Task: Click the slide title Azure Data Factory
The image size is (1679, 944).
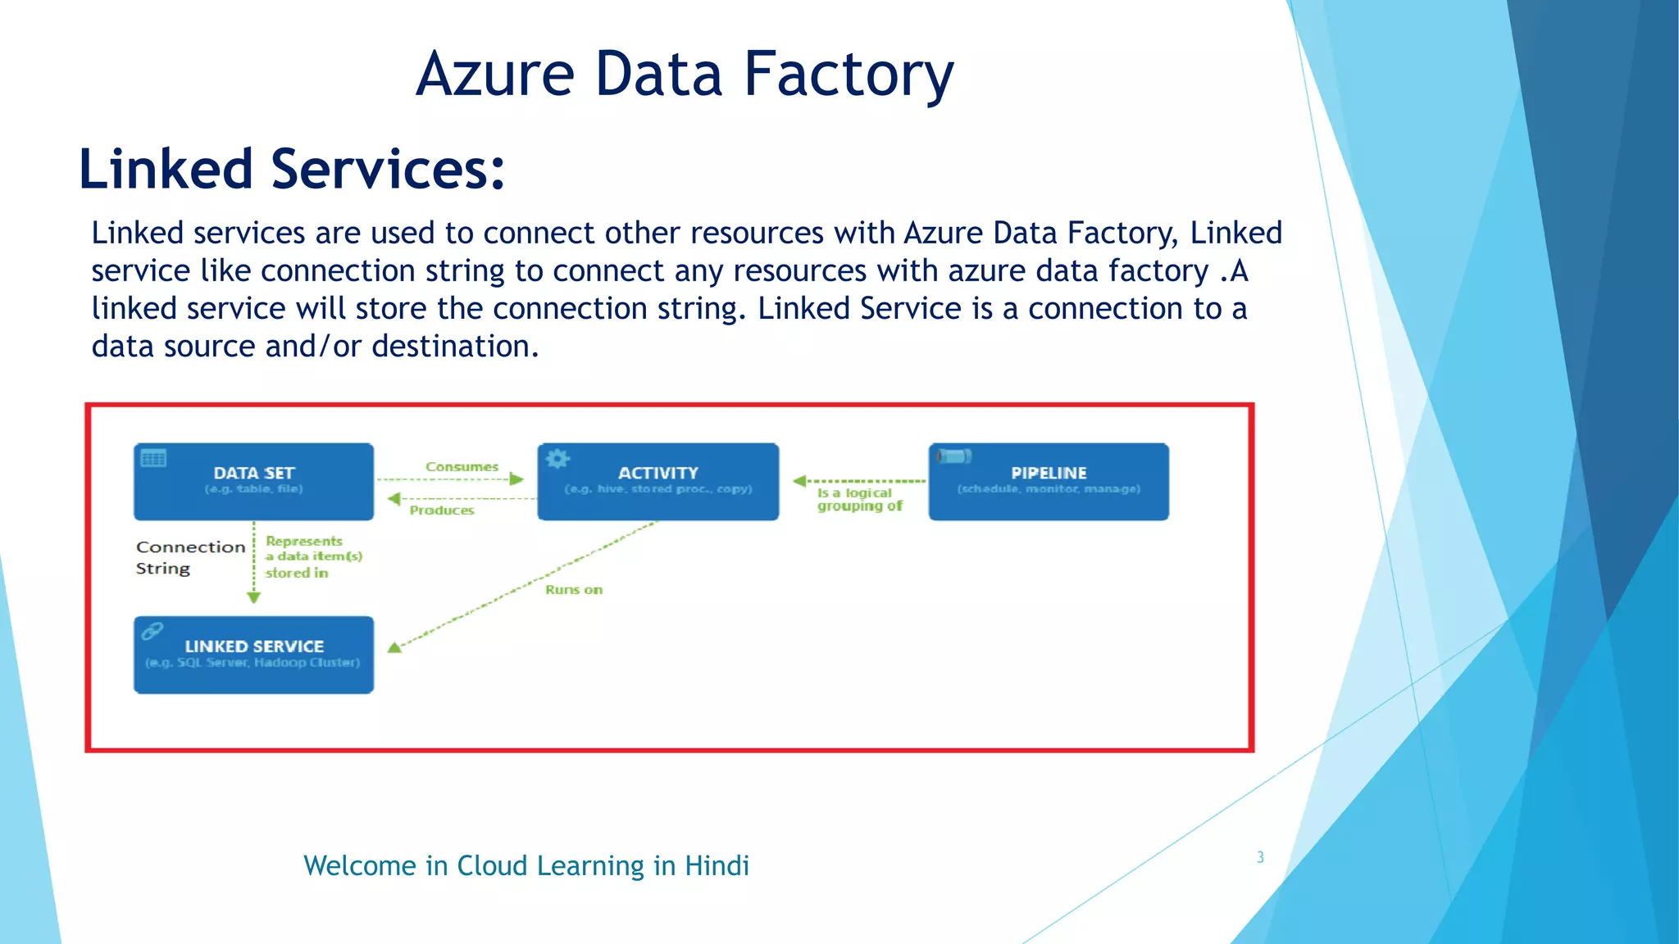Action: point(685,74)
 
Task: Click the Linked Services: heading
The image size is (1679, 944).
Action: point(291,169)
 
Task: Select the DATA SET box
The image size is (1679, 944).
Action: point(253,481)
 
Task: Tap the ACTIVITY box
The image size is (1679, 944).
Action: point(657,481)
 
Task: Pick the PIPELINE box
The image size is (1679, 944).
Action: point(1048,481)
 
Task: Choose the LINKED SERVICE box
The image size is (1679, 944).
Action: point(253,654)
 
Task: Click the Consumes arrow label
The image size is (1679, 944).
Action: point(462,467)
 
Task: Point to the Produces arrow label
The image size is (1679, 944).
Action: point(442,510)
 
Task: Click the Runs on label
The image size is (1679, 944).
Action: point(573,589)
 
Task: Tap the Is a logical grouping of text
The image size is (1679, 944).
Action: point(858,499)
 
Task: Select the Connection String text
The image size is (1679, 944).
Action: point(189,557)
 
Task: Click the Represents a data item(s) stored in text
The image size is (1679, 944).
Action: point(312,556)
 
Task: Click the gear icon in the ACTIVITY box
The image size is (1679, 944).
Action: point(557,458)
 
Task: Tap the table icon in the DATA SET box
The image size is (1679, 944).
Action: point(153,458)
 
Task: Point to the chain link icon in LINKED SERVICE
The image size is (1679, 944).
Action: point(152,631)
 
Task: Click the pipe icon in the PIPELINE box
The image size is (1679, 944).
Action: point(953,456)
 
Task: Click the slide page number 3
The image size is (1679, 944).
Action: point(1260,857)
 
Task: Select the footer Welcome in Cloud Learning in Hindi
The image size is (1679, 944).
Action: point(526,865)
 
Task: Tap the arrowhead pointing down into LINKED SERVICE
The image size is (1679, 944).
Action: point(253,597)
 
